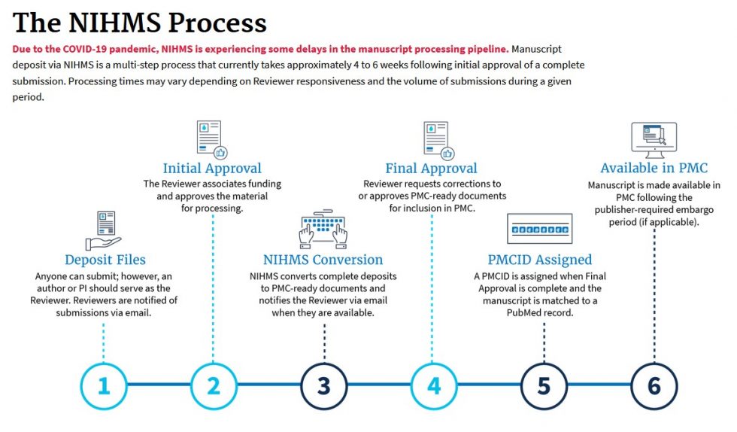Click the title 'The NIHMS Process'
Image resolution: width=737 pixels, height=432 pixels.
coord(140,23)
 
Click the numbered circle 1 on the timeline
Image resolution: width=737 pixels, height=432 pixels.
coord(104,385)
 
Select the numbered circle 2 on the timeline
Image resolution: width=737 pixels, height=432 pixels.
coord(214,385)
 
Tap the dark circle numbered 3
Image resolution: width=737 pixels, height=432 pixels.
coord(323,385)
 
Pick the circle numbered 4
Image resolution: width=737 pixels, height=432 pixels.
coord(433,385)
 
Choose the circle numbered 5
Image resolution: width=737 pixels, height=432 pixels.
coord(543,385)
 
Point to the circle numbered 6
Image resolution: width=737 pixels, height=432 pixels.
coord(654,385)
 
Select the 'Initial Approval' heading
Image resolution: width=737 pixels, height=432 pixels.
coord(212,169)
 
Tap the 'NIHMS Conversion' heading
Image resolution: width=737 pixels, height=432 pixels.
coord(323,260)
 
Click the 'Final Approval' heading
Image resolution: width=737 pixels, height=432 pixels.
coord(431,169)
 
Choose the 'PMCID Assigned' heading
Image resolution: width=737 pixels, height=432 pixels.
coord(539,260)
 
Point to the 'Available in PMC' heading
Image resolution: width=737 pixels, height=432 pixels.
coord(654,168)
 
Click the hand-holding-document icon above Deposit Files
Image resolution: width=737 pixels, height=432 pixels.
coord(104,230)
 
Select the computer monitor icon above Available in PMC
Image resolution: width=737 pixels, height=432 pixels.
coord(654,140)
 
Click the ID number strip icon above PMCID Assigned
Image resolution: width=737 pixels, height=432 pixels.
coord(540,228)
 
